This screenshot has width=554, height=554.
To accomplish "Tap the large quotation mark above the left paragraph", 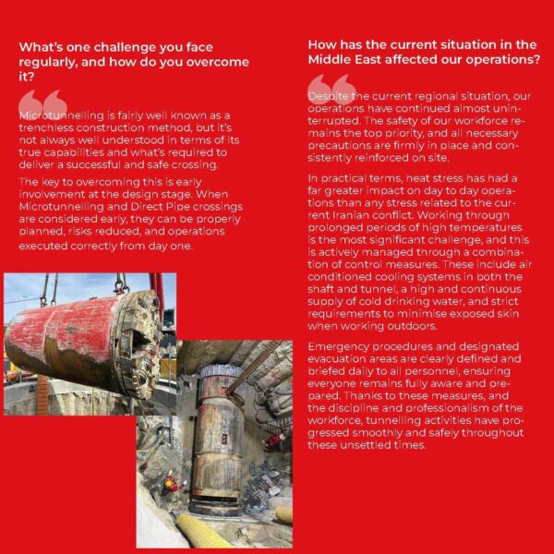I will point(42,102).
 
